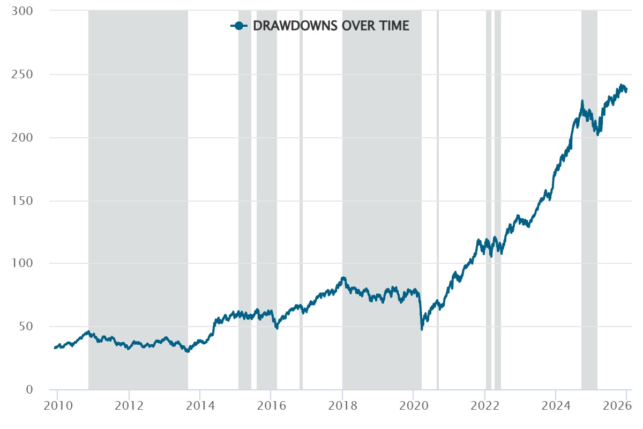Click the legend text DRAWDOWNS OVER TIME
[x=331, y=26]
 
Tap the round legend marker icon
[x=239, y=26]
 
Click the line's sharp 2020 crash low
[x=422, y=329]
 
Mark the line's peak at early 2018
[x=343, y=278]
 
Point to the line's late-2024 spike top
[x=582, y=101]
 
